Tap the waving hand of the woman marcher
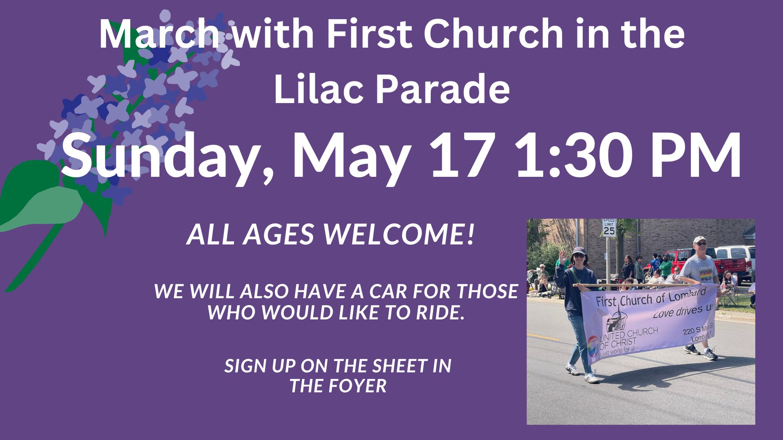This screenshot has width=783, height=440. [563, 257]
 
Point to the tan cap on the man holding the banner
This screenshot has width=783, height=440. [699, 240]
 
